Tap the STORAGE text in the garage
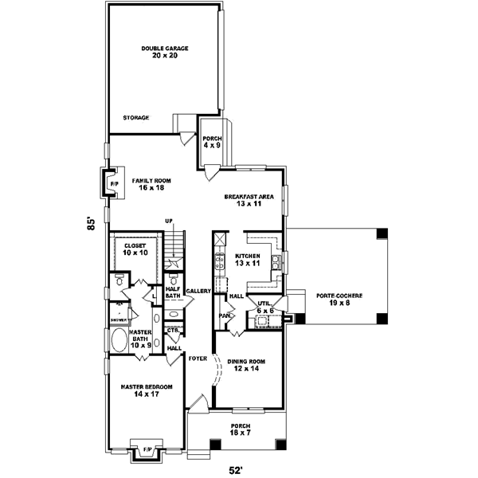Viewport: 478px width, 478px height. coord(136,117)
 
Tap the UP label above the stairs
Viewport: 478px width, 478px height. coord(168,221)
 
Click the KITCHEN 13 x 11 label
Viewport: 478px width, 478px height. coord(248,259)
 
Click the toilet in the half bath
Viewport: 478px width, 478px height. coord(173,280)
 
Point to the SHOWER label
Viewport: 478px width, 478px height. coord(118,320)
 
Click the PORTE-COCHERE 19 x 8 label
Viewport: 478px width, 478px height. coord(339,299)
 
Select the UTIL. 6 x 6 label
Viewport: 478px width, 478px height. coord(261,307)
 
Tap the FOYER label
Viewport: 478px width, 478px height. coord(198,358)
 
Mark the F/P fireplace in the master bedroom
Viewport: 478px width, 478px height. coord(147,451)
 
